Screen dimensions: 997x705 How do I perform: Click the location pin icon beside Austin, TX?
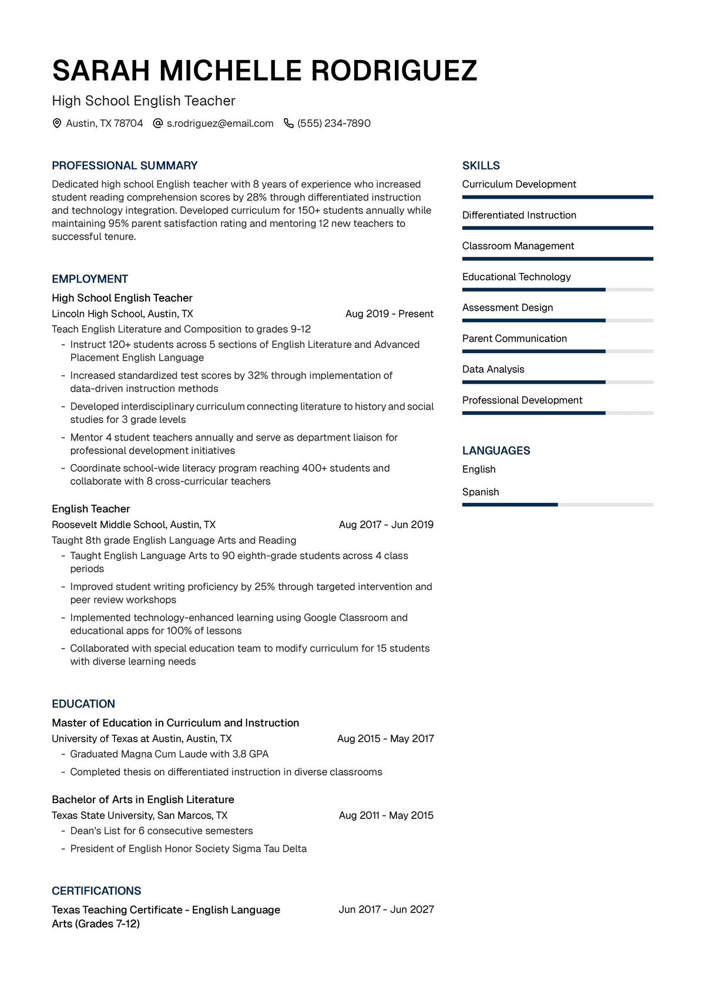pyautogui.click(x=57, y=123)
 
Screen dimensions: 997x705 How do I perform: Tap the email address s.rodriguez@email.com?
pyautogui.click(x=220, y=123)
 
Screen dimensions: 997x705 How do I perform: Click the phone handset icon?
pyautogui.click(x=288, y=123)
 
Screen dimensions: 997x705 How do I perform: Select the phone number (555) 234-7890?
pyautogui.click(x=334, y=123)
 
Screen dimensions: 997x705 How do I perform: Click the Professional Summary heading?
pyautogui.click(x=125, y=166)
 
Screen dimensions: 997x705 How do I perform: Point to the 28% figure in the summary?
pyautogui.click(x=257, y=197)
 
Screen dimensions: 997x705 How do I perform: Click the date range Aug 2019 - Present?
pyautogui.click(x=389, y=314)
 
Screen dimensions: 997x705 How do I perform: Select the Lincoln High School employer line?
pyautogui.click(x=122, y=314)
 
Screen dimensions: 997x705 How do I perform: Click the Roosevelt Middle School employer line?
pyautogui.click(x=133, y=525)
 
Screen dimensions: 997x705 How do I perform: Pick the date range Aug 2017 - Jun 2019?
pyautogui.click(x=386, y=525)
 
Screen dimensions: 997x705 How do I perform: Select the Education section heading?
pyautogui.click(x=83, y=704)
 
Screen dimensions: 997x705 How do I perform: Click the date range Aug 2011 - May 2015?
pyautogui.click(x=386, y=815)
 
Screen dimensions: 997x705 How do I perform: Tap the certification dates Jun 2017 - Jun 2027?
pyautogui.click(x=386, y=909)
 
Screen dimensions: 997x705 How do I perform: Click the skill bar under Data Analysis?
pyautogui.click(x=557, y=382)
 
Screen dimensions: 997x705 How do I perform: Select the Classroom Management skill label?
pyautogui.click(x=518, y=246)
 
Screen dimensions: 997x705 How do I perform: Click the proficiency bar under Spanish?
pyautogui.click(x=557, y=505)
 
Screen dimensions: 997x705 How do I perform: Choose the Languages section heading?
pyautogui.click(x=496, y=451)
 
